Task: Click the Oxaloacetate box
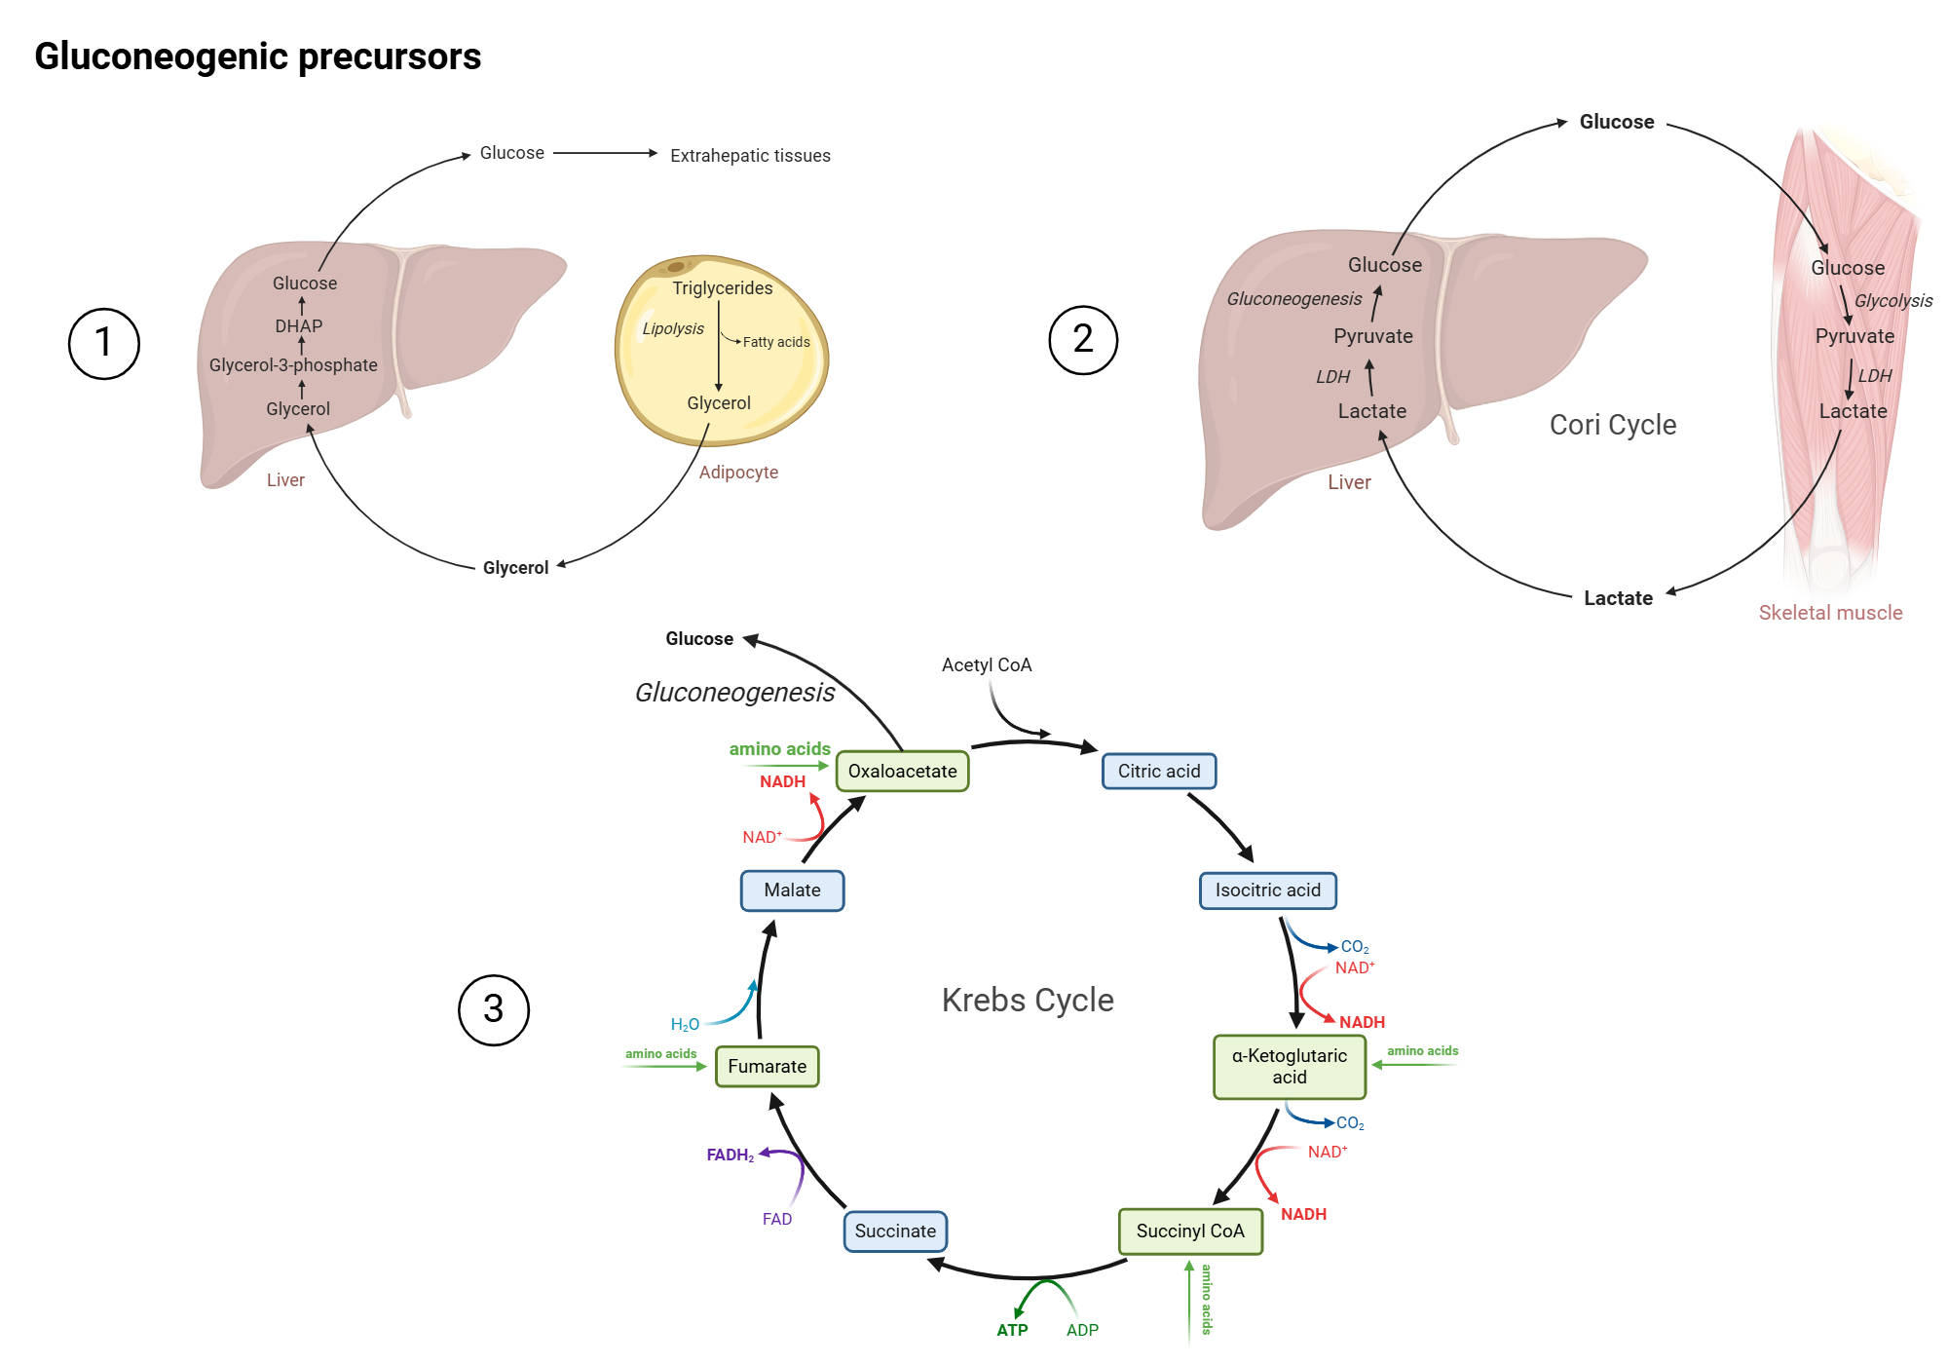click(x=902, y=772)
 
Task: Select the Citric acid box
click(x=1158, y=772)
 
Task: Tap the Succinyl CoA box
click(x=1190, y=1231)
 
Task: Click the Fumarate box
click(x=767, y=1067)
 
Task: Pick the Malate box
click(x=792, y=890)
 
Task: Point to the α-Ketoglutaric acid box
click(x=1289, y=1067)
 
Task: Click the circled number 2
click(x=1082, y=340)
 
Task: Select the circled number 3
click(x=493, y=1009)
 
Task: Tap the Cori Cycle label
click(x=1612, y=425)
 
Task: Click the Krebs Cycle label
click(x=1027, y=1001)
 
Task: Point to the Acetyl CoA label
click(x=986, y=665)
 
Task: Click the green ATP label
click(x=1012, y=1330)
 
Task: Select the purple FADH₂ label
click(x=730, y=1156)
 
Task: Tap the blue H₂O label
click(x=685, y=1025)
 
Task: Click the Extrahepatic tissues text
click(x=750, y=156)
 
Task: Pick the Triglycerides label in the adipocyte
click(x=722, y=288)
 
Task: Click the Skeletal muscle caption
click(x=1829, y=613)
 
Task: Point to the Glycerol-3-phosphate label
click(x=293, y=365)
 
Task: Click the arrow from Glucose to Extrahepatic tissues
click(x=604, y=153)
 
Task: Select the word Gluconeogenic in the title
click(x=162, y=57)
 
